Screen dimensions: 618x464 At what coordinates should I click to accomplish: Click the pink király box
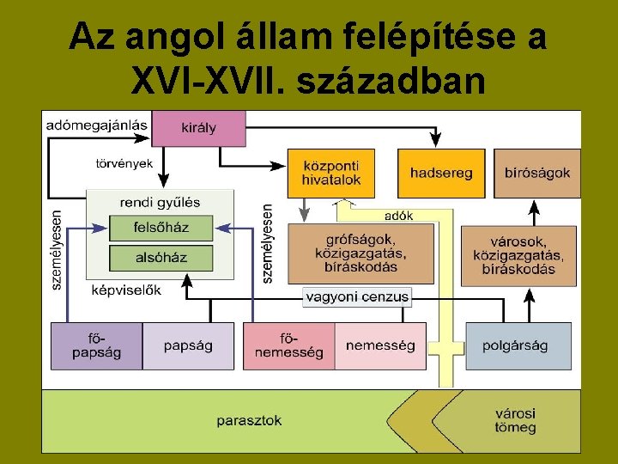[x=199, y=129]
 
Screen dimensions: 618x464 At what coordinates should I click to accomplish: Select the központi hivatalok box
[x=331, y=173]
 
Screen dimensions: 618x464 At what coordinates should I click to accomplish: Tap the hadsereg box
[x=441, y=173]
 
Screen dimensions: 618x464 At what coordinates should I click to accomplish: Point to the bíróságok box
[x=537, y=173]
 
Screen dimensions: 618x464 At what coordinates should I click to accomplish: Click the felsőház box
[x=161, y=228]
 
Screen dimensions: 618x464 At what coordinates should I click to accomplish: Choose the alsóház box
[x=161, y=257]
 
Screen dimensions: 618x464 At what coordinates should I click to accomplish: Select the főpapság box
[x=96, y=346]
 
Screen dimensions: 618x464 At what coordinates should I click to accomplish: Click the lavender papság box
[x=188, y=346]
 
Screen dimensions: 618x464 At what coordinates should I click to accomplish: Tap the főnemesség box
[x=289, y=346]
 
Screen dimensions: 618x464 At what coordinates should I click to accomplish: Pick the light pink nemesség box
[x=380, y=346]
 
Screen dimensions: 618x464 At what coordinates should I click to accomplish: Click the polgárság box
[x=518, y=346]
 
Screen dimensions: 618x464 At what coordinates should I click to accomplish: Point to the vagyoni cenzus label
[x=357, y=297]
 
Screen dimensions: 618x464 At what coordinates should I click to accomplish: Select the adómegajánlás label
[x=96, y=125]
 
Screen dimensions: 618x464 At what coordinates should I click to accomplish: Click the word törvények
[x=124, y=162]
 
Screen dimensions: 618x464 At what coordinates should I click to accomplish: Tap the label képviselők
[x=126, y=290]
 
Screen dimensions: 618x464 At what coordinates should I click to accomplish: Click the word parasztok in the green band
[x=249, y=421]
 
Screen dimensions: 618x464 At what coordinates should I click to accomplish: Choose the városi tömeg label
[x=515, y=420]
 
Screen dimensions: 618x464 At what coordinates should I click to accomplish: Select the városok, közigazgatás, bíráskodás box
[x=518, y=255]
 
